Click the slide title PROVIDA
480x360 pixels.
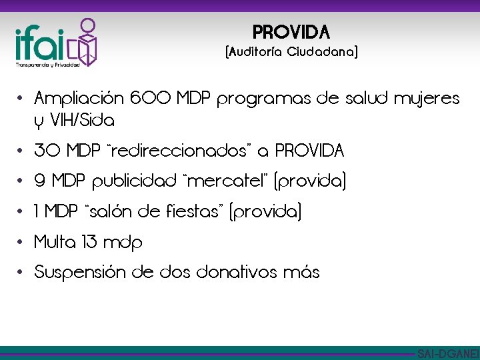pos(291,31)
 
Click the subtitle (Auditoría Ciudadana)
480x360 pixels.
pos(292,52)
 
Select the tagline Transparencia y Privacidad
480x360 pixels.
pos(48,65)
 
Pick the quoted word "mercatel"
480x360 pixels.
pos(215,181)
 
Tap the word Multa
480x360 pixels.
pos(55,242)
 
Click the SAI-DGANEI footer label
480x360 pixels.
pos(447,353)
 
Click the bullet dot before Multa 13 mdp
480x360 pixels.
pos(21,242)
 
